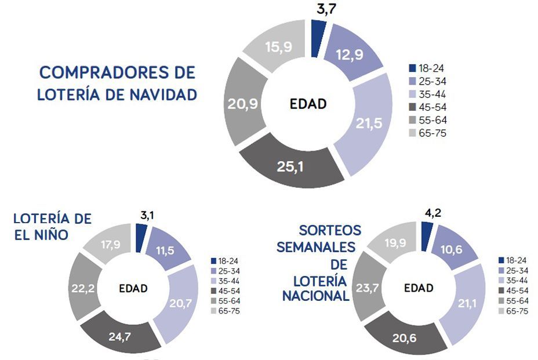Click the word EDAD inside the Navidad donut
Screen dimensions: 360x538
click(308, 104)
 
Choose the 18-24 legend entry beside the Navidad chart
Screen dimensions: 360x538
click(427, 68)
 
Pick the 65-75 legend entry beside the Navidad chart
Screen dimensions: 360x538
click(427, 133)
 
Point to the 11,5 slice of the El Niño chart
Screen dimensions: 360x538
click(168, 250)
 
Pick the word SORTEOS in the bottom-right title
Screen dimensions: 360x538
click(330, 230)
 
